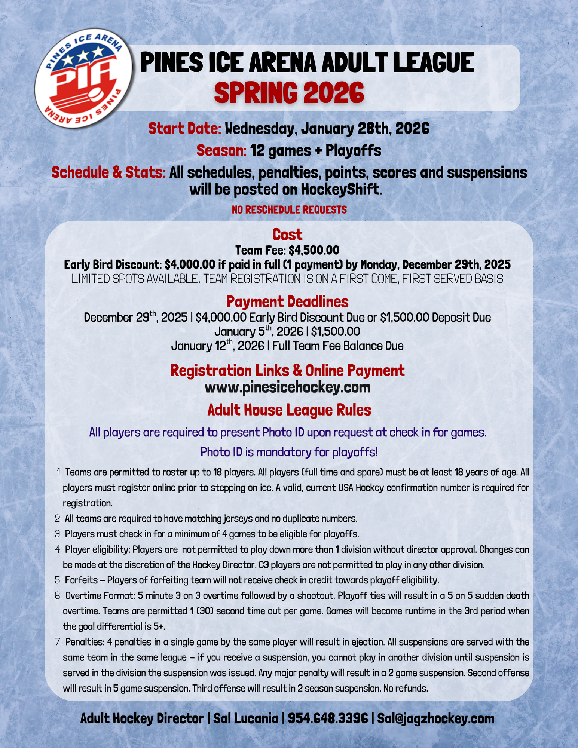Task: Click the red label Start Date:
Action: tap(185, 129)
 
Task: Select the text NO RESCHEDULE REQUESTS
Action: tap(289, 209)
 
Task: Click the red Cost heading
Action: tap(287, 234)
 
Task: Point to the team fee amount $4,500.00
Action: tap(314, 250)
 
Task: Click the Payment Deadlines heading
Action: tap(287, 301)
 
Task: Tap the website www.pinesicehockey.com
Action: tap(287, 387)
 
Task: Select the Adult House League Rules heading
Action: tap(289, 410)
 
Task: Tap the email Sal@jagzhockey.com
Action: tap(435, 718)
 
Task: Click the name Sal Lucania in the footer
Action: tap(245, 718)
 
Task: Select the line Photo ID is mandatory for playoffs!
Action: tap(289, 452)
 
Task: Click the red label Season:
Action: tap(221, 151)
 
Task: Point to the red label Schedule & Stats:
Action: tap(108, 173)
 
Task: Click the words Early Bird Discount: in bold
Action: tap(113, 265)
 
